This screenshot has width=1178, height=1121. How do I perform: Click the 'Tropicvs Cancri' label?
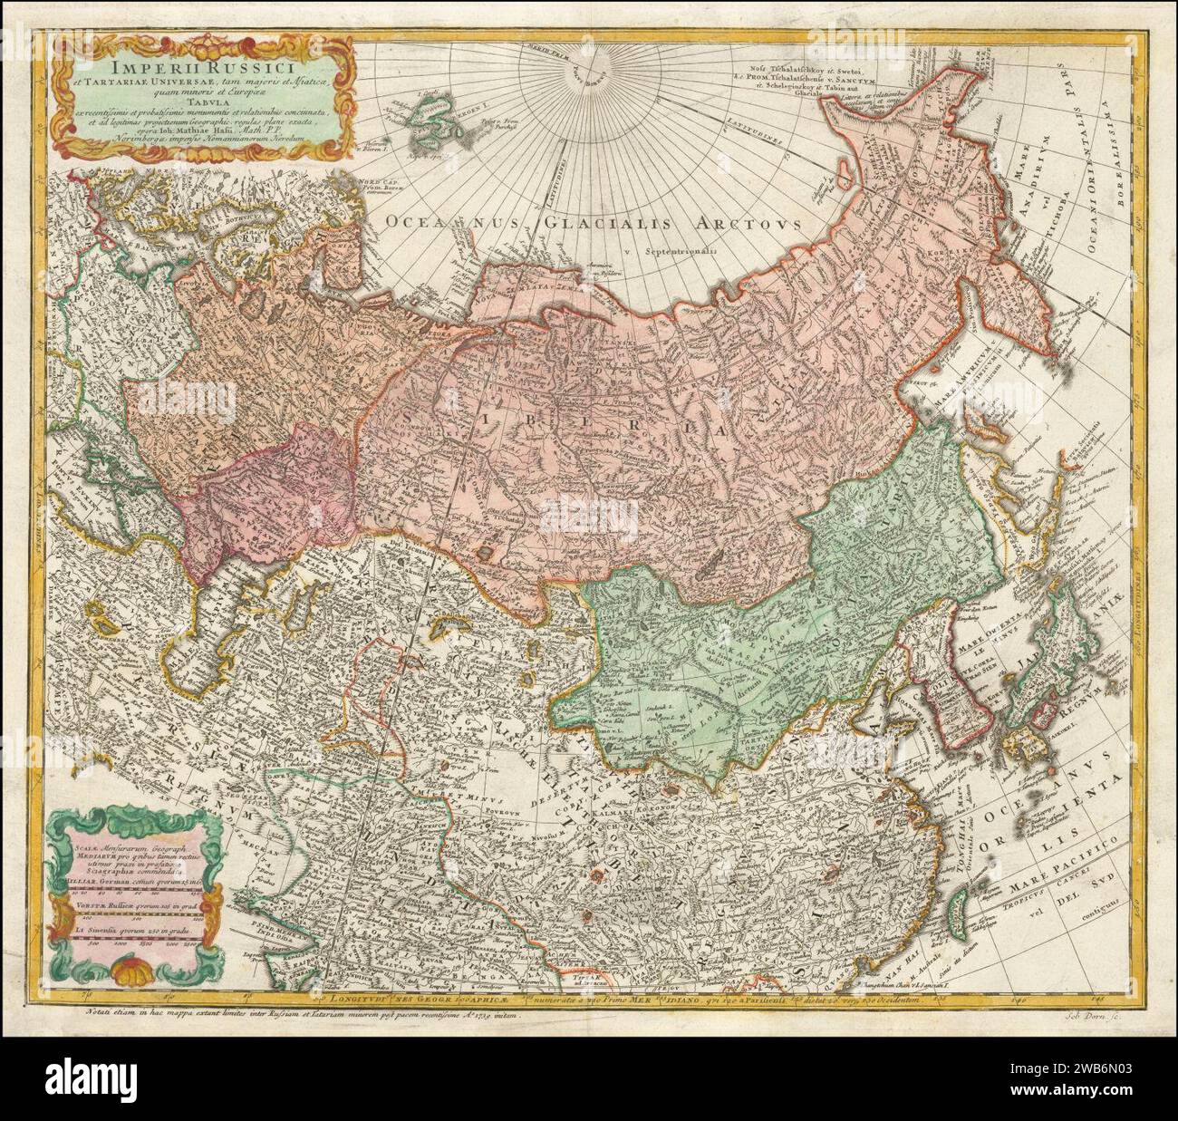coord(1038,893)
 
